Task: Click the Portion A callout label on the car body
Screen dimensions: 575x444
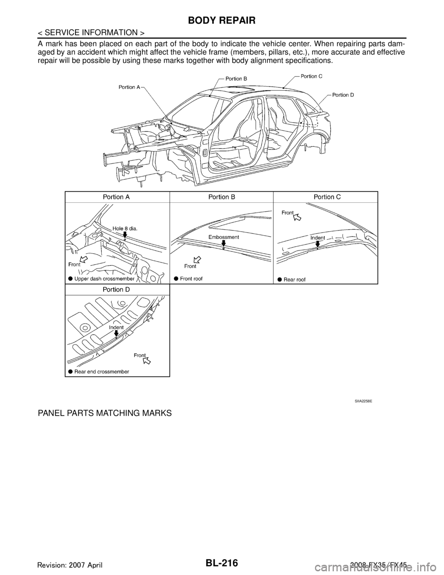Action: [x=126, y=87]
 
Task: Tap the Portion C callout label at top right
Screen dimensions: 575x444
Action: [x=315, y=75]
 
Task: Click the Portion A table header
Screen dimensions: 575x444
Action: [x=116, y=197]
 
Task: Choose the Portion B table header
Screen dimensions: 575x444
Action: [x=222, y=197]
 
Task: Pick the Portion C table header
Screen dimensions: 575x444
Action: [x=327, y=197]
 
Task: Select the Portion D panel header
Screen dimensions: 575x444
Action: [x=116, y=290]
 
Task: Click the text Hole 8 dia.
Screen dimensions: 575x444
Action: [x=126, y=227]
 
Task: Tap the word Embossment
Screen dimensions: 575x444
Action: [x=224, y=237]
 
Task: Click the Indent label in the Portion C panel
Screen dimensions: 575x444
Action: [x=318, y=237]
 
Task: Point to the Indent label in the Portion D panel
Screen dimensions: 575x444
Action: [x=117, y=327]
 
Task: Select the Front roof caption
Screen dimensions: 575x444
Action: [x=191, y=279]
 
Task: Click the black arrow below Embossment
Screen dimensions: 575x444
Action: [x=224, y=243]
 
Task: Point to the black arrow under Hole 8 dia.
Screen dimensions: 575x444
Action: [x=125, y=235]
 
